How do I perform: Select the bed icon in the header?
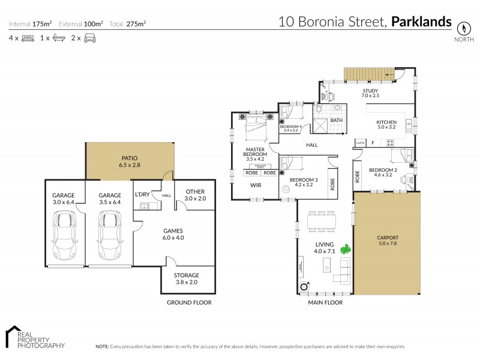28,38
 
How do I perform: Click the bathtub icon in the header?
59,38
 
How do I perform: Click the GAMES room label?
173,230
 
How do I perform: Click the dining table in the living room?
322,221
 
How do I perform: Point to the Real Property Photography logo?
34,338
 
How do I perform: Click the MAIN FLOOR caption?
325,303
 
